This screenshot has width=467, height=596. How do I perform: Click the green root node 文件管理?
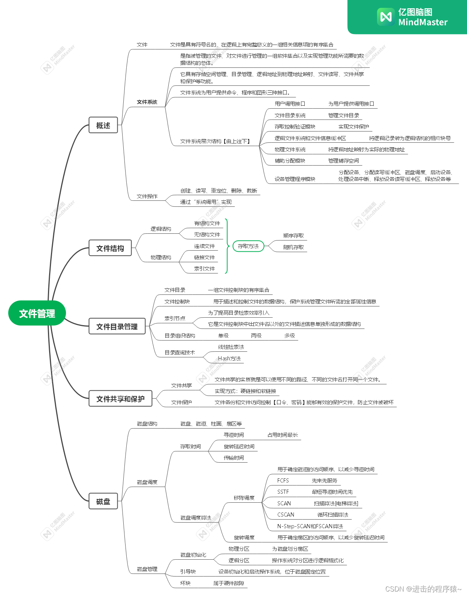[37, 313]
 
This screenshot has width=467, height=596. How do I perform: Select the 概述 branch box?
[103, 125]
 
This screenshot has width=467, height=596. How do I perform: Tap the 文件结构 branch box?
[110, 248]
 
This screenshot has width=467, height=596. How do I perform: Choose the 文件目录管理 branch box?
[117, 326]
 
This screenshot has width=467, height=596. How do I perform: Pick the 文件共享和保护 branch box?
[120, 399]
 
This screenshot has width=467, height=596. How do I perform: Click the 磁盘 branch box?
[103, 501]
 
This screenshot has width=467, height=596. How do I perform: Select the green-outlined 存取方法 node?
[248, 246]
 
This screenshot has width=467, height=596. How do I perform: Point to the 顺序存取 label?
[293, 236]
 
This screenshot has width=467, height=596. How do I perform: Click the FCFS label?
[283, 481]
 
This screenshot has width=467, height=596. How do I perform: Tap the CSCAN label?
[286, 515]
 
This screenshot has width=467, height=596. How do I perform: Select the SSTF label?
[283, 492]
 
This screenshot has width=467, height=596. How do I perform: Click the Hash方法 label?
[229, 358]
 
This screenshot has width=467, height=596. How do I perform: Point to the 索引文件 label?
[204, 269]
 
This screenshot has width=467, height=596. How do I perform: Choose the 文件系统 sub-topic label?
[147, 102]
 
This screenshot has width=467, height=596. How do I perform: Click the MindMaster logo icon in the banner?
[386, 17]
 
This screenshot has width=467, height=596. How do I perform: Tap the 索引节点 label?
[175, 318]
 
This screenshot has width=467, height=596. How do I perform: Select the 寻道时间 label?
[233, 435]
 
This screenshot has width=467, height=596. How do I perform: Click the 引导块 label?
[188, 572]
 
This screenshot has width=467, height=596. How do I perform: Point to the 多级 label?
[289, 336]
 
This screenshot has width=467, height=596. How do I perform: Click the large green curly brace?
[227, 246]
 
